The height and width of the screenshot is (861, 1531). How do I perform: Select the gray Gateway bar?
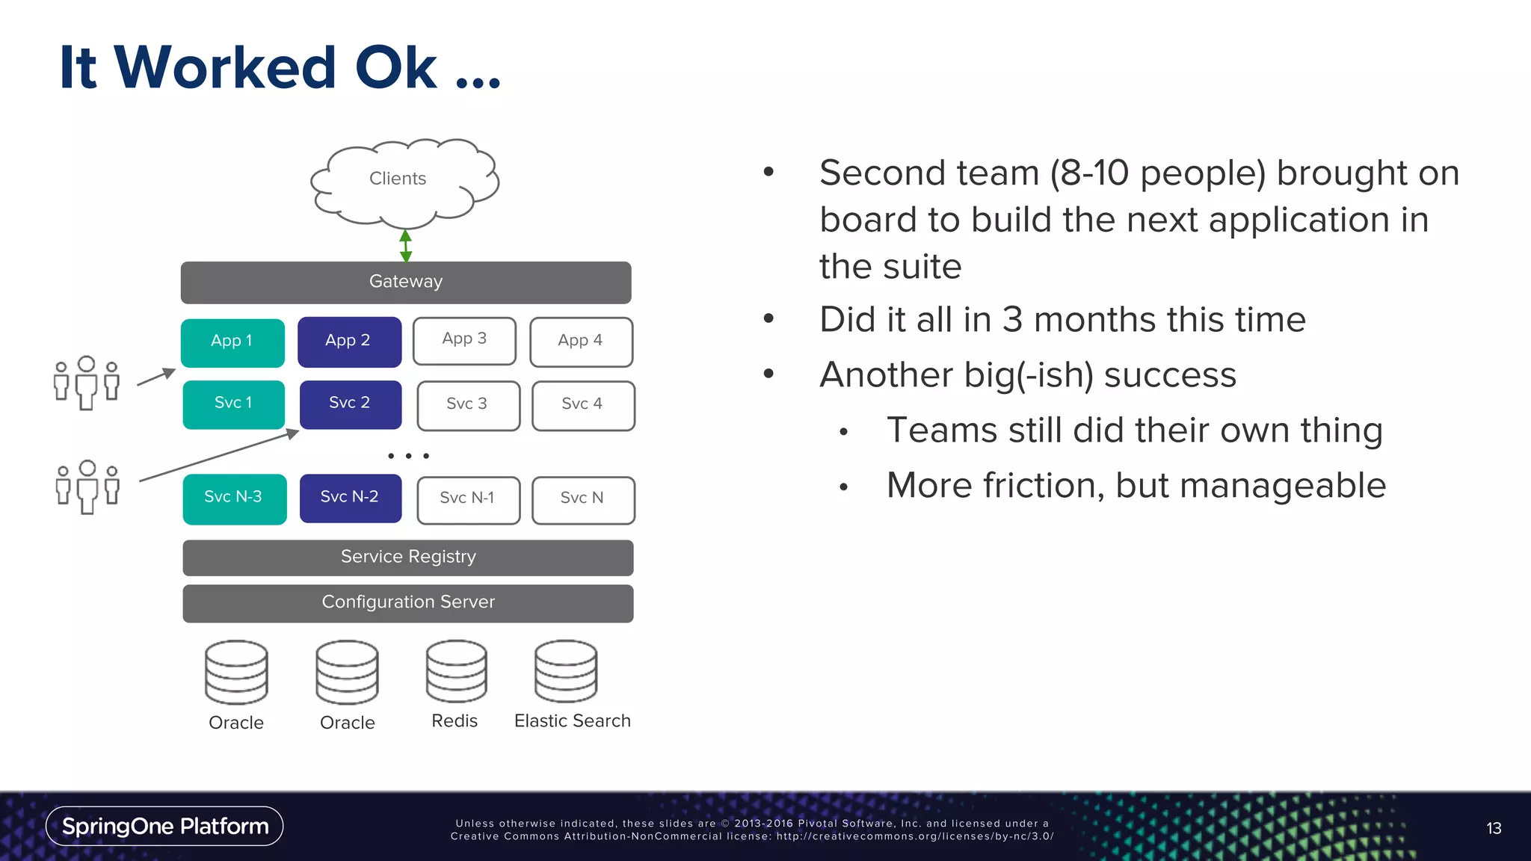tap(406, 282)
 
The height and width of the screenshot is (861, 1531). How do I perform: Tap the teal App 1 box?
tap(232, 342)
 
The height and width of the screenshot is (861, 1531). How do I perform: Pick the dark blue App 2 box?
tap(349, 342)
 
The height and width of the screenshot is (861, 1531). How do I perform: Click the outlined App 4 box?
tap(581, 342)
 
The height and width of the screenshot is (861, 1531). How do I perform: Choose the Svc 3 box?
tap(468, 405)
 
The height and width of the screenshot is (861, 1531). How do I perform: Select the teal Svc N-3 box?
tap(234, 499)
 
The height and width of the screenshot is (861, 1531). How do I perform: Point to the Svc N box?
tap(583, 499)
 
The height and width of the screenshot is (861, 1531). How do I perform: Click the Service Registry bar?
tap(408, 558)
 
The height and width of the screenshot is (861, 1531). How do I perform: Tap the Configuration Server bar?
tap(408, 603)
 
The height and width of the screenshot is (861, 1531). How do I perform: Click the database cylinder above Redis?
tap(456, 671)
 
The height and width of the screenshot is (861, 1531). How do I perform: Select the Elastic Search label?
tap(573, 721)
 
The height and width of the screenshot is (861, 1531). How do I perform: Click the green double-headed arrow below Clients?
tap(406, 245)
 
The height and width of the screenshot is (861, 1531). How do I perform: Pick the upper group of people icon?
tap(87, 382)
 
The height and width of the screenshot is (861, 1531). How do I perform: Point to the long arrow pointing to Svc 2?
tap(217, 455)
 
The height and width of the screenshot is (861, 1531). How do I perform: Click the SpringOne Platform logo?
tap(164, 826)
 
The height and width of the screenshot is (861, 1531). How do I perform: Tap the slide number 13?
tap(1494, 828)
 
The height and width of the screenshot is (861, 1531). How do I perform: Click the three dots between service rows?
tap(408, 455)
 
